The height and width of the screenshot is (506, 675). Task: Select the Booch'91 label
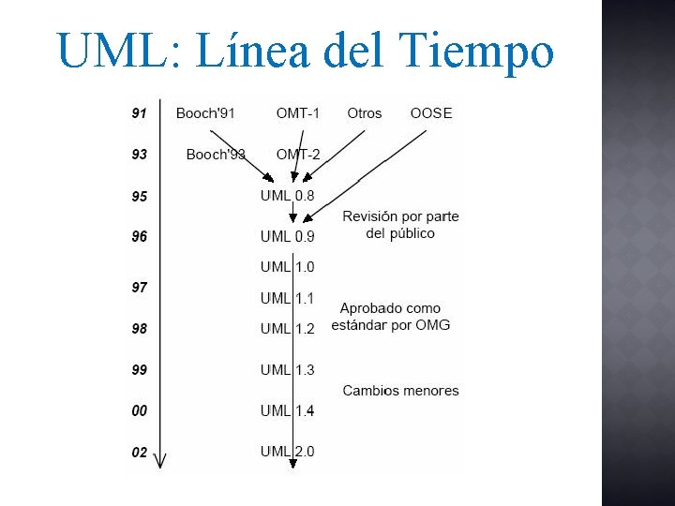pos(205,113)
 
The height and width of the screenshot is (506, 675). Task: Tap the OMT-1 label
pos(297,113)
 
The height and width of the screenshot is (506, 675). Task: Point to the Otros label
pos(365,113)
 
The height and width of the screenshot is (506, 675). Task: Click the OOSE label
pos(431,113)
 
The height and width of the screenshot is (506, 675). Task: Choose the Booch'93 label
pos(216,155)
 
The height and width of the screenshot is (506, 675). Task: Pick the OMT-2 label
pos(298,155)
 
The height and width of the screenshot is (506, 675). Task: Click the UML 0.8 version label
pos(288,196)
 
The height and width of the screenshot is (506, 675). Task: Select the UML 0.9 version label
pos(288,236)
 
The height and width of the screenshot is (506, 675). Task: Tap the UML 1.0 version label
pos(288,267)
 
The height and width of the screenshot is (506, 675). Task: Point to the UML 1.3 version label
pos(288,370)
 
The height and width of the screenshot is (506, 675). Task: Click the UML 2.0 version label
pos(288,452)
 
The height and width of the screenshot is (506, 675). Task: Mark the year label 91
pos(140,113)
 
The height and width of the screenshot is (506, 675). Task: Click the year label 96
pos(140,237)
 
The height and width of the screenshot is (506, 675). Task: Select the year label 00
pos(140,410)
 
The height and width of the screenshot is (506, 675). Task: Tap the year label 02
pos(140,452)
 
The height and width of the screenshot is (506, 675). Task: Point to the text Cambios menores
pos(400,391)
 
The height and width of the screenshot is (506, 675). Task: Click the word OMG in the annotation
pos(433,325)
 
